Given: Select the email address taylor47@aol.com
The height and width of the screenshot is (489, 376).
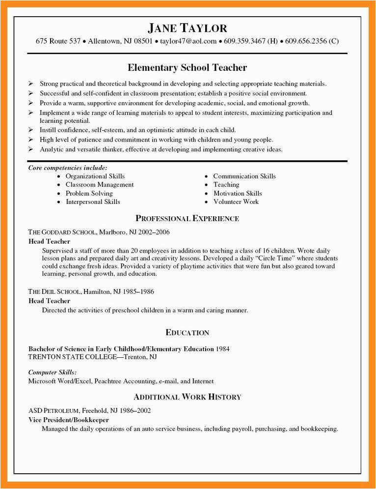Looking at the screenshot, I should click(188, 41).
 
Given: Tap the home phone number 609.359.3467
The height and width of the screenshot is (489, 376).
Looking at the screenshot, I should click(244, 41).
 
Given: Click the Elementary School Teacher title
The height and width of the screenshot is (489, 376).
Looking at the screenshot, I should click(187, 67).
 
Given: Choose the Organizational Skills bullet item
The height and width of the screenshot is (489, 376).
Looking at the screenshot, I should click(95, 176).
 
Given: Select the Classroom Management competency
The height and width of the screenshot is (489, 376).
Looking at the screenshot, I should click(100, 185).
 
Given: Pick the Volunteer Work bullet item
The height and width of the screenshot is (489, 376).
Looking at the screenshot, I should click(236, 201).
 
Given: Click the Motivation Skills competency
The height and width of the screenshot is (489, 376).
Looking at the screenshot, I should click(238, 193).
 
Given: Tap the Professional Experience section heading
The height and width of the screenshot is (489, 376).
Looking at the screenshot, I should click(187, 218).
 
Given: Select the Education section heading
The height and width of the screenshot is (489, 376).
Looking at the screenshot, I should click(187, 333).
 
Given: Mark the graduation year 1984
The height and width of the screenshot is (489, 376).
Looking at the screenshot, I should click(222, 348).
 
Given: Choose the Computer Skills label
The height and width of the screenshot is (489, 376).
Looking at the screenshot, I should click(52, 372).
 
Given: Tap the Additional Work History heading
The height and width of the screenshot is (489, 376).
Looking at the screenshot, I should click(187, 397).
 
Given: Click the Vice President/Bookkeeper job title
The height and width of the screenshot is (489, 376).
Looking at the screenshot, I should click(68, 420).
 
